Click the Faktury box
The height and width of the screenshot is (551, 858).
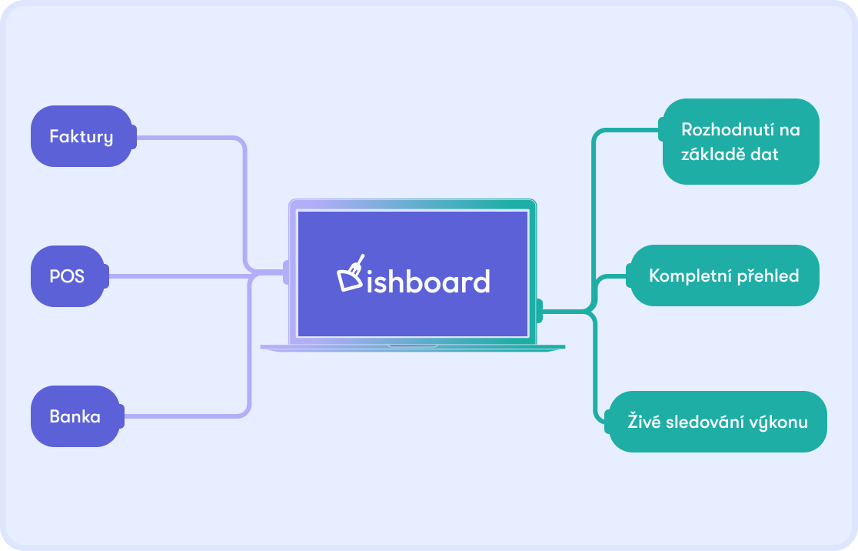(81, 136)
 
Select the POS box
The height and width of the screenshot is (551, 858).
(68, 276)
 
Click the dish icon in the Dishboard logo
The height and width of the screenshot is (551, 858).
(351, 272)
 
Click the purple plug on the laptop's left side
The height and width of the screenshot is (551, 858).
(286, 272)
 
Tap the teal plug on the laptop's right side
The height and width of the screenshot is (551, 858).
(540, 311)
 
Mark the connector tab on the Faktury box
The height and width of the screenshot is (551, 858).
(134, 136)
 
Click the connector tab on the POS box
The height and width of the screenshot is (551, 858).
(107, 276)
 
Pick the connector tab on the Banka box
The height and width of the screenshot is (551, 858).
(122, 416)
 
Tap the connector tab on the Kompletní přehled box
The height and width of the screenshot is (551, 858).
(629, 275)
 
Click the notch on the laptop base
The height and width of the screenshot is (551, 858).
(413, 346)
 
